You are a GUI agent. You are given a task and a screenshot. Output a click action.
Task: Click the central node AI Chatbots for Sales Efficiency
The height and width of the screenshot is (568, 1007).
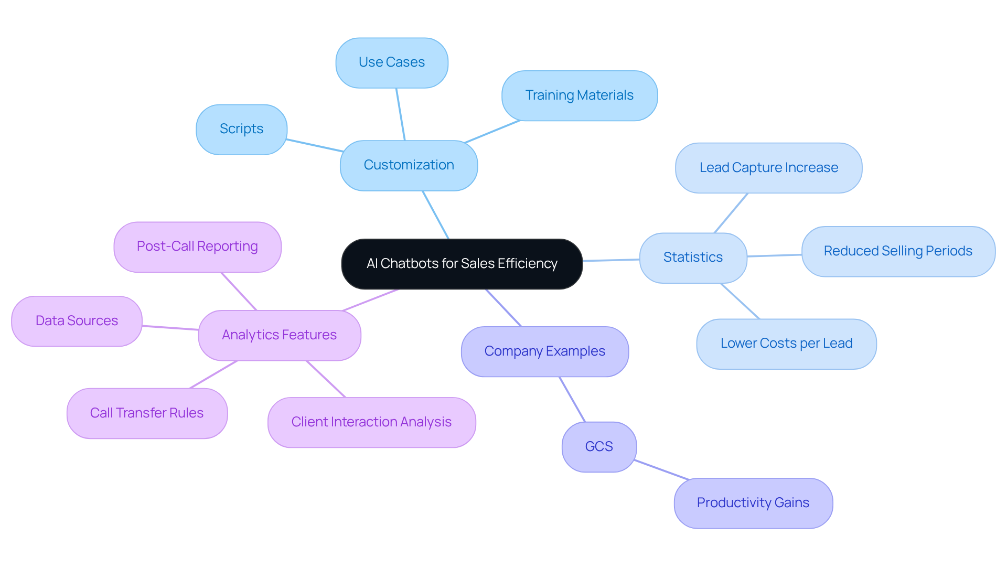tap(462, 264)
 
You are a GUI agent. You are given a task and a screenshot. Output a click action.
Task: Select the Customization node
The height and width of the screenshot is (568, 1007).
tap(409, 165)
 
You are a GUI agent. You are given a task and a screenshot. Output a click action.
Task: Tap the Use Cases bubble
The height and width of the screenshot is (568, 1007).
tap(392, 62)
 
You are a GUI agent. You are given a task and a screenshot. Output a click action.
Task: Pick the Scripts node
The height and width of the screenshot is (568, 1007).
tap(241, 129)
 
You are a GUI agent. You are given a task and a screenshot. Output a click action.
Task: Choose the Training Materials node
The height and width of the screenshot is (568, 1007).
tap(579, 95)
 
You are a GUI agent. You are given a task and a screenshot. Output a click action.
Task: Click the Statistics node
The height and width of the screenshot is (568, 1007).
tap(693, 258)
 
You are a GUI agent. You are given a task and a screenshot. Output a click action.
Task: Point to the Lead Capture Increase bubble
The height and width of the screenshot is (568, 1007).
tap(768, 168)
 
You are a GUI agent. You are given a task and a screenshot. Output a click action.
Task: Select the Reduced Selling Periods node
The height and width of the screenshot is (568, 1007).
tap(898, 251)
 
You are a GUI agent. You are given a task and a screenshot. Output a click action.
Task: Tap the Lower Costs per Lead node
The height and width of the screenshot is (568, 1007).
tap(786, 344)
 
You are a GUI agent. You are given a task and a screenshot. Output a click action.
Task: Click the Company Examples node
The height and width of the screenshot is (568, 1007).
tap(544, 351)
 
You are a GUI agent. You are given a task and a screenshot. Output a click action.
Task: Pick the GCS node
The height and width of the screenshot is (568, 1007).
tap(599, 447)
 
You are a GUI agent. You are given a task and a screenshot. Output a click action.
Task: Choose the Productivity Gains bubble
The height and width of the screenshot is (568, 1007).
tap(753, 503)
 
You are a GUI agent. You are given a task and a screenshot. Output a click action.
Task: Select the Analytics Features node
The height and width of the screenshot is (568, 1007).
tap(279, 335)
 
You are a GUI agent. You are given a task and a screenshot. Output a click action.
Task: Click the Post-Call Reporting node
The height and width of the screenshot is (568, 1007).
tap(197, 247)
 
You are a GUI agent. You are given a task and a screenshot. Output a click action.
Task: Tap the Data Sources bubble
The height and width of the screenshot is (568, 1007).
tap(77, 321)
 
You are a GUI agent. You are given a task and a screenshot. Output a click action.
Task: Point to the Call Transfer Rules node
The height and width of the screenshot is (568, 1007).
tap(147, 413)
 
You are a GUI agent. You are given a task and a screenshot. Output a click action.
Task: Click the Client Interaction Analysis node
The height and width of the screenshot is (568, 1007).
tap(371, 422)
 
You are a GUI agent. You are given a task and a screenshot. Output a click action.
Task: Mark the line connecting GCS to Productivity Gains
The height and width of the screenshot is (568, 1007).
tap(661, 470)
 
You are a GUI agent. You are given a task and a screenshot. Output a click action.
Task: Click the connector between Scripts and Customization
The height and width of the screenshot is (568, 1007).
tap(315, 145)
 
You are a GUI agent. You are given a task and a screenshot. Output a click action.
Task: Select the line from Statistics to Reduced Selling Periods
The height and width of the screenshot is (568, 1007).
tap(774, 255)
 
